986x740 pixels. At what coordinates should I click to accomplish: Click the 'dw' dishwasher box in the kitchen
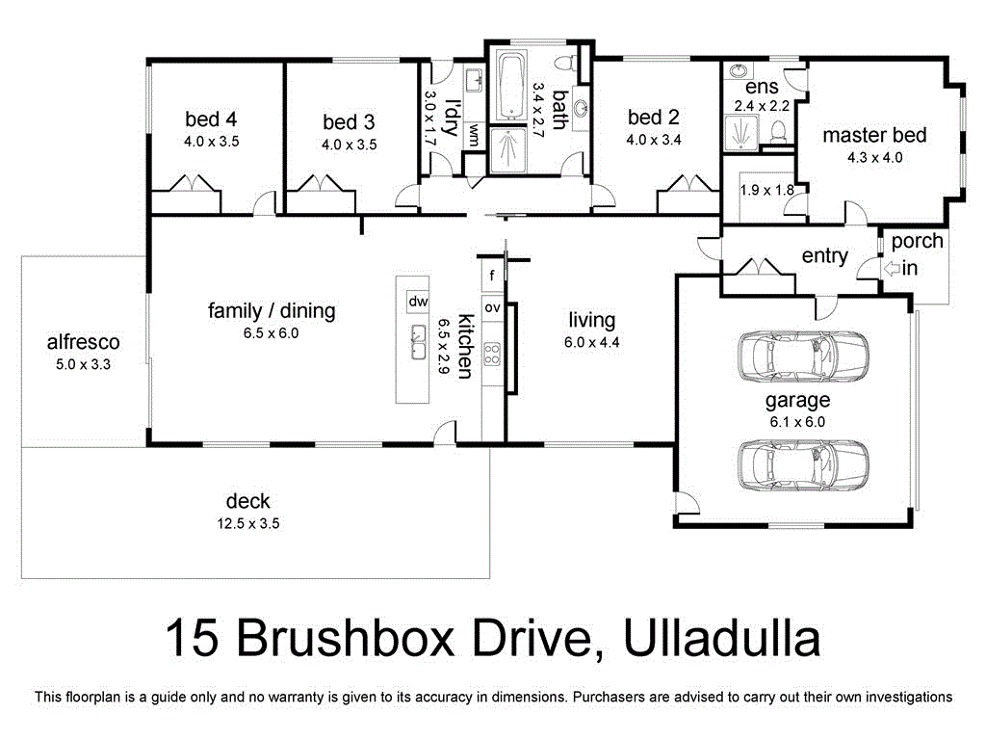(x=418, y=302)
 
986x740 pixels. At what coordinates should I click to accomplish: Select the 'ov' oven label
(x=492, y=307)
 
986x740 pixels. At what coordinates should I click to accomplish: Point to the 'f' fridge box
(x=492, y=276)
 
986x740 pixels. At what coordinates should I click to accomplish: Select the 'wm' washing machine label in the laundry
(x=474, y=138)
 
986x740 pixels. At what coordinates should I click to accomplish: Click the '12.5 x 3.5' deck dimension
(x=247, y=523)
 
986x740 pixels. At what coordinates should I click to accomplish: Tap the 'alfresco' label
(x=83, y=342)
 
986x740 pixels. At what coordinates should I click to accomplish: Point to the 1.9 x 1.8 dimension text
(x=766, y=191)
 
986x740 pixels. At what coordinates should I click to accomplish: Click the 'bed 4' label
(x=211, y=119)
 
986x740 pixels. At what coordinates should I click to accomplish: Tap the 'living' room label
(x=591, y=321)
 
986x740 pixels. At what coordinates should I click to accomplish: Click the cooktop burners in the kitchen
(x=492, y=354)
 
